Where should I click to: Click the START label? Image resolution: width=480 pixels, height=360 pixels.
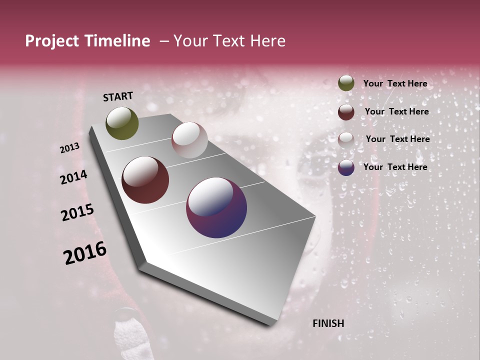point(118,96)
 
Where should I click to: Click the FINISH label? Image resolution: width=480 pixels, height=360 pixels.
point(328,323)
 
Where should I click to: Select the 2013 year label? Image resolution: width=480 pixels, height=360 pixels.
point(69,148)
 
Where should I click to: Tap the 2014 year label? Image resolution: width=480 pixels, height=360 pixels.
point(73,177)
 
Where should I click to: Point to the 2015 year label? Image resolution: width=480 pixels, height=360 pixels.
point(77,212)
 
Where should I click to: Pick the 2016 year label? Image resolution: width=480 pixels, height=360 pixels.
point(85,253)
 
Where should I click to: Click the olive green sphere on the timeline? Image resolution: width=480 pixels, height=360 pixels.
point(122,123)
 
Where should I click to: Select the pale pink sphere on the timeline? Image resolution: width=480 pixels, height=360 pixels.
point(189,140)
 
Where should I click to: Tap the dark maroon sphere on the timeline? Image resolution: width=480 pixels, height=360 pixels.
point(145,180)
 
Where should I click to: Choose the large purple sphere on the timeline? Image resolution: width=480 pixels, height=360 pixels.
point(216,207)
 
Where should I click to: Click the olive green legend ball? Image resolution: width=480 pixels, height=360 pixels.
point(346,83)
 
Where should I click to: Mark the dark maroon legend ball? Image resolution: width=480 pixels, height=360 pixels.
point(346,112)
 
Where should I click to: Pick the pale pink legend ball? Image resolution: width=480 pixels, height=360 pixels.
point(346,140)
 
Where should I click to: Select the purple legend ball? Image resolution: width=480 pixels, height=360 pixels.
point(346,167)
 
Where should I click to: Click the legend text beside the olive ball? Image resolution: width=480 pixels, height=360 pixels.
point(395,83)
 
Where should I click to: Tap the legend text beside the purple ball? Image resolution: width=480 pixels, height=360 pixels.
point(395,167)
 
